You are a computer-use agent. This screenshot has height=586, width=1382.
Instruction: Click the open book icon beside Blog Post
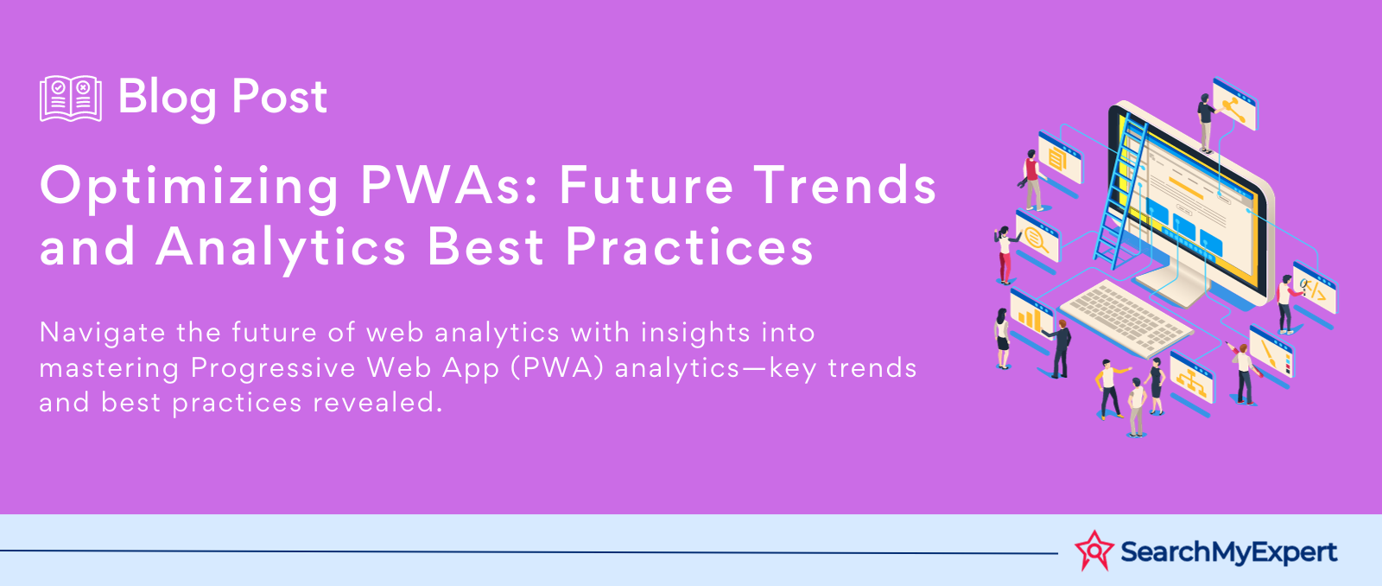click(70, 99)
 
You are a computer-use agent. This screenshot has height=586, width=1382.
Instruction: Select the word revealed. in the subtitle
click(377, 403)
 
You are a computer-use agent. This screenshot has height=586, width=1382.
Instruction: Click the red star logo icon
click(1094, 551)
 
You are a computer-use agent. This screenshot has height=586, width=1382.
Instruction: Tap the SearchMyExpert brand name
click(1228, 552)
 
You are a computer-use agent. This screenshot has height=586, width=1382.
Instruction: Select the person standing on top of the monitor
click(1206, 123)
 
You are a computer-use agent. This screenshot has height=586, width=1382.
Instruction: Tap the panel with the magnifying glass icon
click(1037, 238)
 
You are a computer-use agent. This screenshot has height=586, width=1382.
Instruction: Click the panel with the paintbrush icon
click(1271, 352)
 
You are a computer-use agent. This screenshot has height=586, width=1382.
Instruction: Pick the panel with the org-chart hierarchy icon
click(1191, 378)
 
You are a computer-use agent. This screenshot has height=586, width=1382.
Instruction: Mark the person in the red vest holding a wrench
click(1031, 180)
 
